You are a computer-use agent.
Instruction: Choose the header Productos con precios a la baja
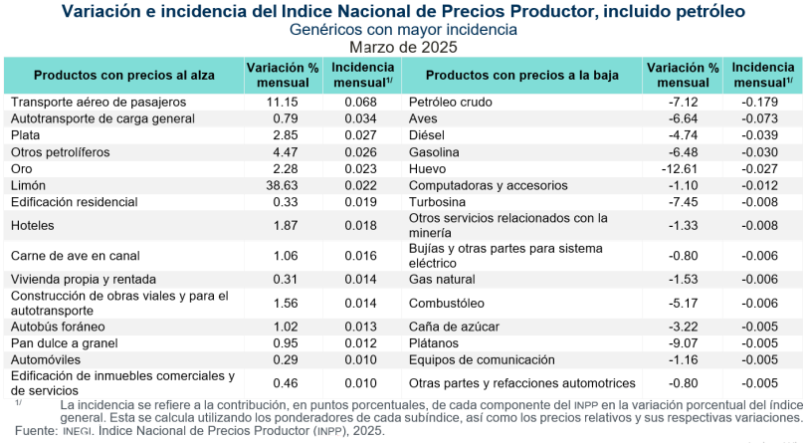521,75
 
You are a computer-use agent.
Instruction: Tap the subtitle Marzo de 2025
402,46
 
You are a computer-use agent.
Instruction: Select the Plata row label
26,135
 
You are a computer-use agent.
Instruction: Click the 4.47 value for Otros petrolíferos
286,152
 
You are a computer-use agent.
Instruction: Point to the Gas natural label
442,280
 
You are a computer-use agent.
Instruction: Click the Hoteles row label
33,226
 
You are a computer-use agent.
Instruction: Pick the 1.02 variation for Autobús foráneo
286,326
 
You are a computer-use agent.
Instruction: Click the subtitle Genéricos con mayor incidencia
402,30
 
